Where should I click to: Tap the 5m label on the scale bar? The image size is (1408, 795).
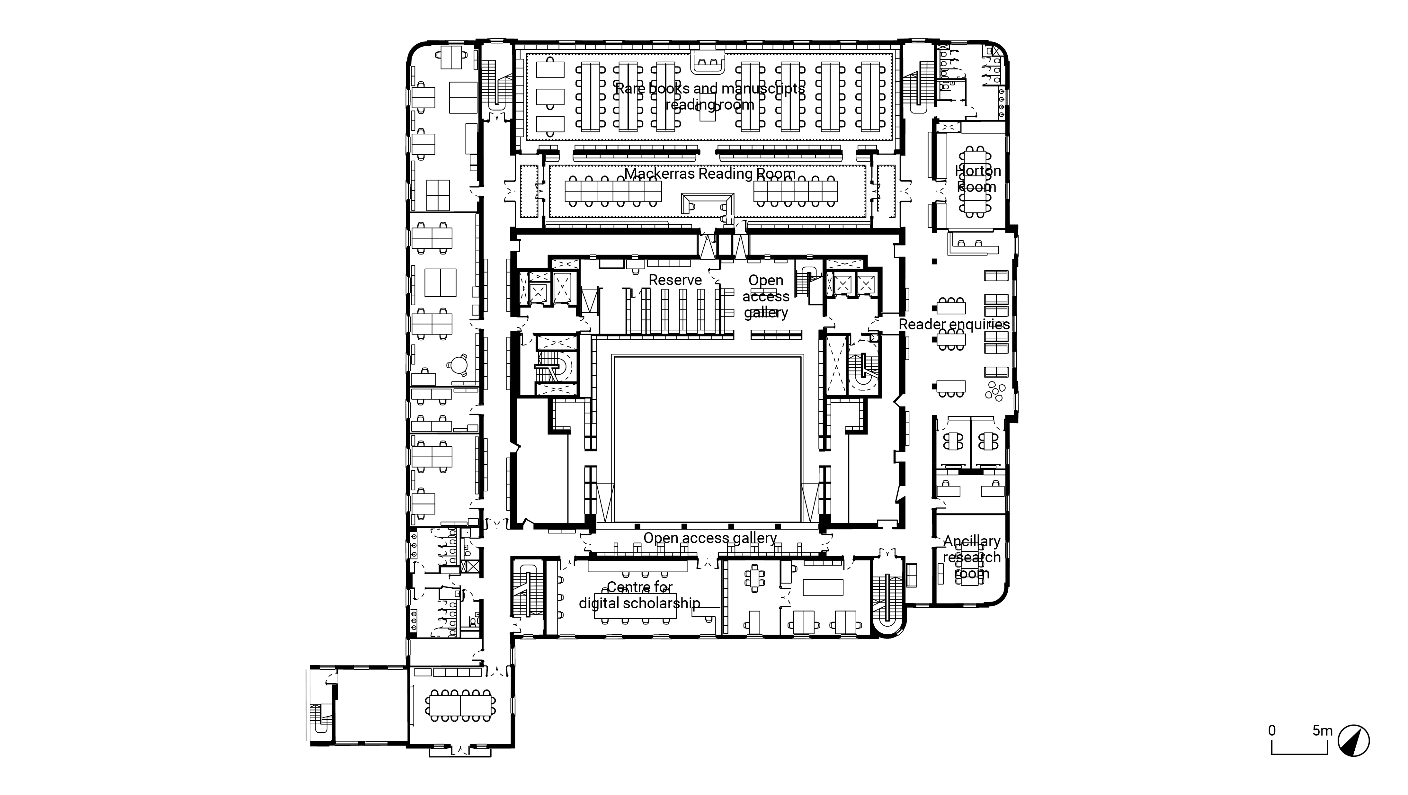click(1323, 730)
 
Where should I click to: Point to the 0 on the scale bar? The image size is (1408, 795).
click(1272, 730)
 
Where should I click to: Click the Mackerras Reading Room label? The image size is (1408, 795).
click(709, 174)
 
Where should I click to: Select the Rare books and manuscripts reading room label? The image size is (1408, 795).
click(709, 96)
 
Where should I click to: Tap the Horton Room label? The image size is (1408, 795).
click(977, 179)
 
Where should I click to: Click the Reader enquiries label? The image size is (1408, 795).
click(954, 324)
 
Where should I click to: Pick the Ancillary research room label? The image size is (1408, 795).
click(971, 557)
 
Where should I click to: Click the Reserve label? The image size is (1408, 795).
click(675, 280)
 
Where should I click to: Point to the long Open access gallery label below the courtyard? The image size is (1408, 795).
click(709, 538)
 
